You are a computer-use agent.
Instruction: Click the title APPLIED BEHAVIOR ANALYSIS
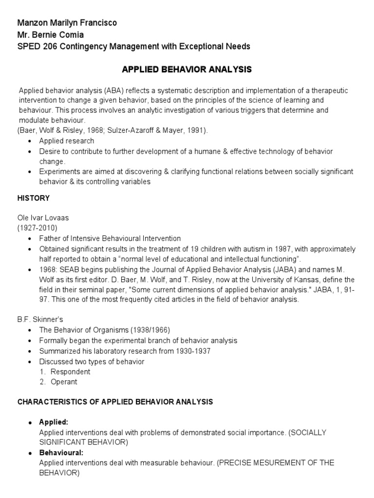click(187, 70)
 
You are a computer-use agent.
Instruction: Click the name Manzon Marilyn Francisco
click(67, 23)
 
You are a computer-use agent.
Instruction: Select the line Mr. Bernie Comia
click(51, 35)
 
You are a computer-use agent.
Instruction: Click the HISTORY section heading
click(34, 198)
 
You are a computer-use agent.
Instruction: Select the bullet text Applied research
click(67, 141)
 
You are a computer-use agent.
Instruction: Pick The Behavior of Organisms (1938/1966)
click(105, 330)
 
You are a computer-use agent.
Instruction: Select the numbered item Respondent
click(71, 372)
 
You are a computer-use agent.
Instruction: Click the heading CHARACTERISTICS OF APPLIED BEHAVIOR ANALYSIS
click(115, 402)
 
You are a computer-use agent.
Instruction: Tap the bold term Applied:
click(54, 422)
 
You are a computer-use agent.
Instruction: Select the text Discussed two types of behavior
click(92, 361)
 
